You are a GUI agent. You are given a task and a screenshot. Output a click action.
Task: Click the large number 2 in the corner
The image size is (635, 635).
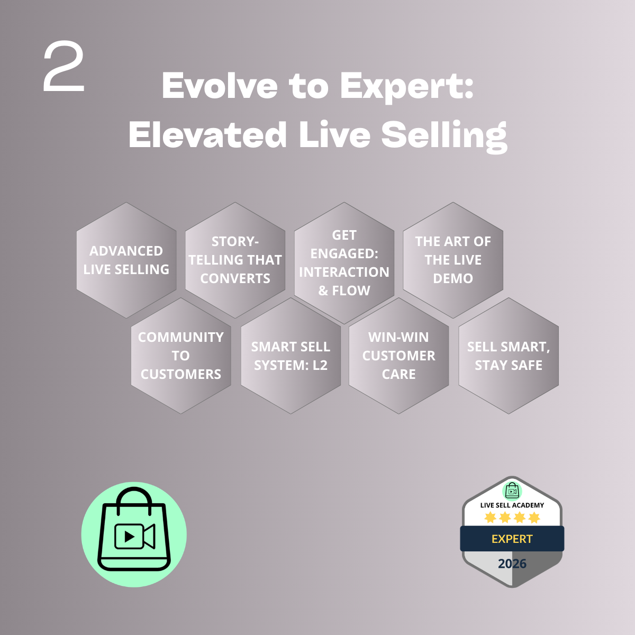(64, 68)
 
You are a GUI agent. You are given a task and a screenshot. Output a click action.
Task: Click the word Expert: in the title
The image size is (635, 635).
(406, 86)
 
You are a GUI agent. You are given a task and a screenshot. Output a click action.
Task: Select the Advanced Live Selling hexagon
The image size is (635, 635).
(126, 260)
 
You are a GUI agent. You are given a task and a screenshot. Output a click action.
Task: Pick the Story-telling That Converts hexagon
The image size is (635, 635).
(235, 260)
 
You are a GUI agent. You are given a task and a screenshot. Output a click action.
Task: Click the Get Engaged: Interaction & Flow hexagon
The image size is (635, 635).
(344, 262)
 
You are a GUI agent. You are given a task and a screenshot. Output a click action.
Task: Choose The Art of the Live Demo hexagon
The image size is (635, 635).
(453, 260)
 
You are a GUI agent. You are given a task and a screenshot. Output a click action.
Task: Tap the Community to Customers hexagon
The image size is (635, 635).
(181, 356)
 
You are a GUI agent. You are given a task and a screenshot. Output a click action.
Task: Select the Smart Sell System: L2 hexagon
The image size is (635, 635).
(291, 356)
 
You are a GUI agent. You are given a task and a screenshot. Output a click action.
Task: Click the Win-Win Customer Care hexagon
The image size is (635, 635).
(399, 356)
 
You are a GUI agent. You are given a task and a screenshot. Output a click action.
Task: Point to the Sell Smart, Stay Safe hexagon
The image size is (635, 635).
(509, 356)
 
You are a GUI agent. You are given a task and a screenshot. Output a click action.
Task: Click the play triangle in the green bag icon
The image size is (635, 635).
(129, 537)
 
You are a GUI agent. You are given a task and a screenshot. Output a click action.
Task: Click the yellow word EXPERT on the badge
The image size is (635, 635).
(512, 539)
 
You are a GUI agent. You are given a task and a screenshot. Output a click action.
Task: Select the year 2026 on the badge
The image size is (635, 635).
(512, 564)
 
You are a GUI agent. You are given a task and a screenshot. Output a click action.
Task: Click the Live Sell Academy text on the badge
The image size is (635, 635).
(512, 505)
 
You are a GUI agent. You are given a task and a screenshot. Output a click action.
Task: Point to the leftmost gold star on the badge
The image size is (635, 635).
(491, 518)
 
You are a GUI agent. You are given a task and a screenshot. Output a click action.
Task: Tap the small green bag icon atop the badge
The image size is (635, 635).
(512, 490)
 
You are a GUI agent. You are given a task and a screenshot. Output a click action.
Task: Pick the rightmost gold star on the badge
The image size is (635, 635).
(534, 518)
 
